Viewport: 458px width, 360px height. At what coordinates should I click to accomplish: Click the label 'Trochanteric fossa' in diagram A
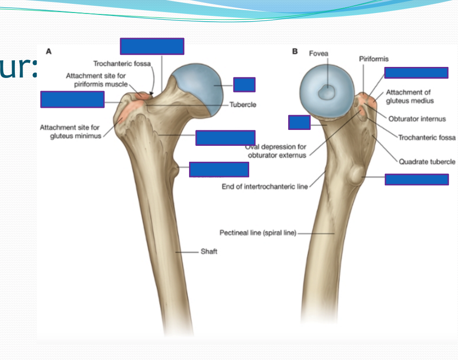[122, 64]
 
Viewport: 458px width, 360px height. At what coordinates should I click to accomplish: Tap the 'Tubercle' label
[243, 104]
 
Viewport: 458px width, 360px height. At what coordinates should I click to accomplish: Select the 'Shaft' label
[209, 251]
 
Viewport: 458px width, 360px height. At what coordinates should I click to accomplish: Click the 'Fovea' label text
[318, 53]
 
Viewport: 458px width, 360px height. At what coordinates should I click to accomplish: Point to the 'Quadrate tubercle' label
[427, 162]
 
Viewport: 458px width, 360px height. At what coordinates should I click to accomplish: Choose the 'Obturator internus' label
[417, 119]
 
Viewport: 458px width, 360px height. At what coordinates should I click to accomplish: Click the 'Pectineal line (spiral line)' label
[258, 233]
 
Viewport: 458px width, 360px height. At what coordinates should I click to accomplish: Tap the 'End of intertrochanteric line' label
[264, 186]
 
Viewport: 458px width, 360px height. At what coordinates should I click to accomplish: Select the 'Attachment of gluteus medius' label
[409, 96]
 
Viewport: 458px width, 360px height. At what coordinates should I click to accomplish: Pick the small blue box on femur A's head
[244, 85]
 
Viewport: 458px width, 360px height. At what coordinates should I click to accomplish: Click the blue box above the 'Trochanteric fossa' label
[152, 47]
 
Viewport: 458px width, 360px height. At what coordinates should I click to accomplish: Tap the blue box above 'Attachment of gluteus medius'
[416, 73]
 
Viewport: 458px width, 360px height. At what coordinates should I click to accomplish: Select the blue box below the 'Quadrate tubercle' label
[417, 180]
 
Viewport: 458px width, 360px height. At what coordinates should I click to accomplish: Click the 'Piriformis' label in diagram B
[374, 59]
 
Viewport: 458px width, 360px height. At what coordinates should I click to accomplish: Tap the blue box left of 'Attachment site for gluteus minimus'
[72, 99]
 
